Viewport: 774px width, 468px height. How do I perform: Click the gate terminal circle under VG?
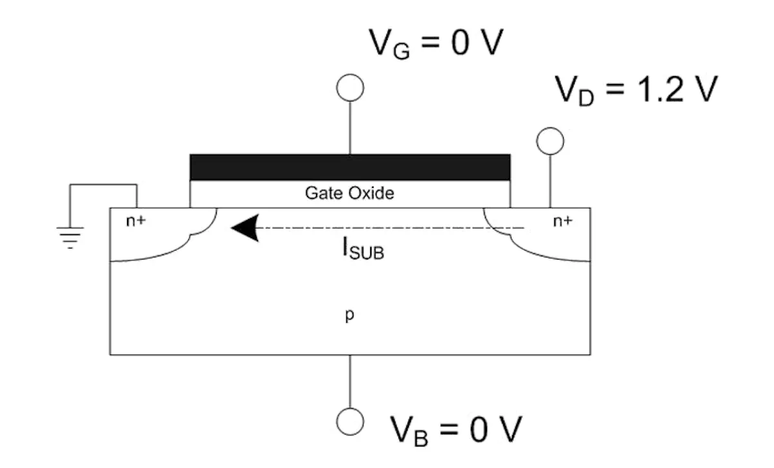coord(350,88)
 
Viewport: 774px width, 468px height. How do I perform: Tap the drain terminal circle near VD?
coord(550,141)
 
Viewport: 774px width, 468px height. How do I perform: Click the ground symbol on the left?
coord(70,237)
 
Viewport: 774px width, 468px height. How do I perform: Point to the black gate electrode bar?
coord(350,167)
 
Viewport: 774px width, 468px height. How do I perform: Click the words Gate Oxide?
coord(349,193)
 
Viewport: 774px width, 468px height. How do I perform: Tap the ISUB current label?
coord(362,249)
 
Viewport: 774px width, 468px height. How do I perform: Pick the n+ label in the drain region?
coord(562,221)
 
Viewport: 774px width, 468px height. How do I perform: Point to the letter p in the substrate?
coord(348,318)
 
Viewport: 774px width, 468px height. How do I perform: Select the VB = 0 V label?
coord(455,429)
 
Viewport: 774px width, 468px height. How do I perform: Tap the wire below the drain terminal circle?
coord(550,181)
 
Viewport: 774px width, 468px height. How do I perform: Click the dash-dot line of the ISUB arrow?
coord(387,228)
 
